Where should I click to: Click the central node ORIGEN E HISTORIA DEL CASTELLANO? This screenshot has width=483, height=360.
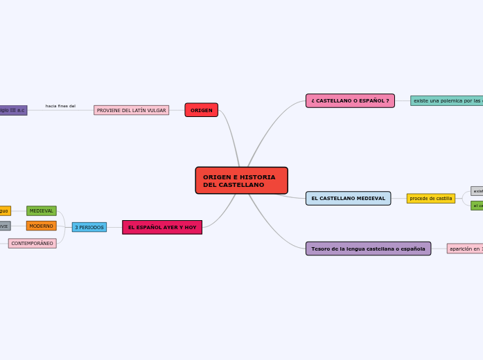[241, 181]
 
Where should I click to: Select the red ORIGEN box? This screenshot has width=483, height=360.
[201, 110]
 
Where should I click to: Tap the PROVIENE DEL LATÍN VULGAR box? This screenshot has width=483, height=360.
[131, 110]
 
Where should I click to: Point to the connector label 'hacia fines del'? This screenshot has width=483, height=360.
[60, 106]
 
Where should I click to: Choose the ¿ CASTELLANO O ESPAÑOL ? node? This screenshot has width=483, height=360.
[350, 101]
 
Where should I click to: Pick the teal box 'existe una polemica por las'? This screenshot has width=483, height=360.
[446, 101]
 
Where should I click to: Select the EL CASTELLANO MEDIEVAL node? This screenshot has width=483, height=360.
[348, 199]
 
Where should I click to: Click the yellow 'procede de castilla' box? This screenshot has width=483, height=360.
[430, 199]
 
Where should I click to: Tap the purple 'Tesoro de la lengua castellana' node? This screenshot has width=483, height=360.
[368, 249]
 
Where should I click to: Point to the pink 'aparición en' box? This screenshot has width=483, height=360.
[464, 249]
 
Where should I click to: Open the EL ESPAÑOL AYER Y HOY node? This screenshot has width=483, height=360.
[162, 227]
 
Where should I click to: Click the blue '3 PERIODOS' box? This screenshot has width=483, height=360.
[89, 227]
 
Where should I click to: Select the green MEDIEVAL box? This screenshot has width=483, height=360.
[41, 211]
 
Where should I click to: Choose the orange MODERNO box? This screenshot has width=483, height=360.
[41, 226]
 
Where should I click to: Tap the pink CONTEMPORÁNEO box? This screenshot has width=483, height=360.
[32, 244]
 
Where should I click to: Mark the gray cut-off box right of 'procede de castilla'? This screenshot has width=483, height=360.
[477, 191]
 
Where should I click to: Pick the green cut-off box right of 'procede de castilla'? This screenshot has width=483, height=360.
[477, 206]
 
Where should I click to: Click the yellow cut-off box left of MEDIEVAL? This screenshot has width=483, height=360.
[5, 211]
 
